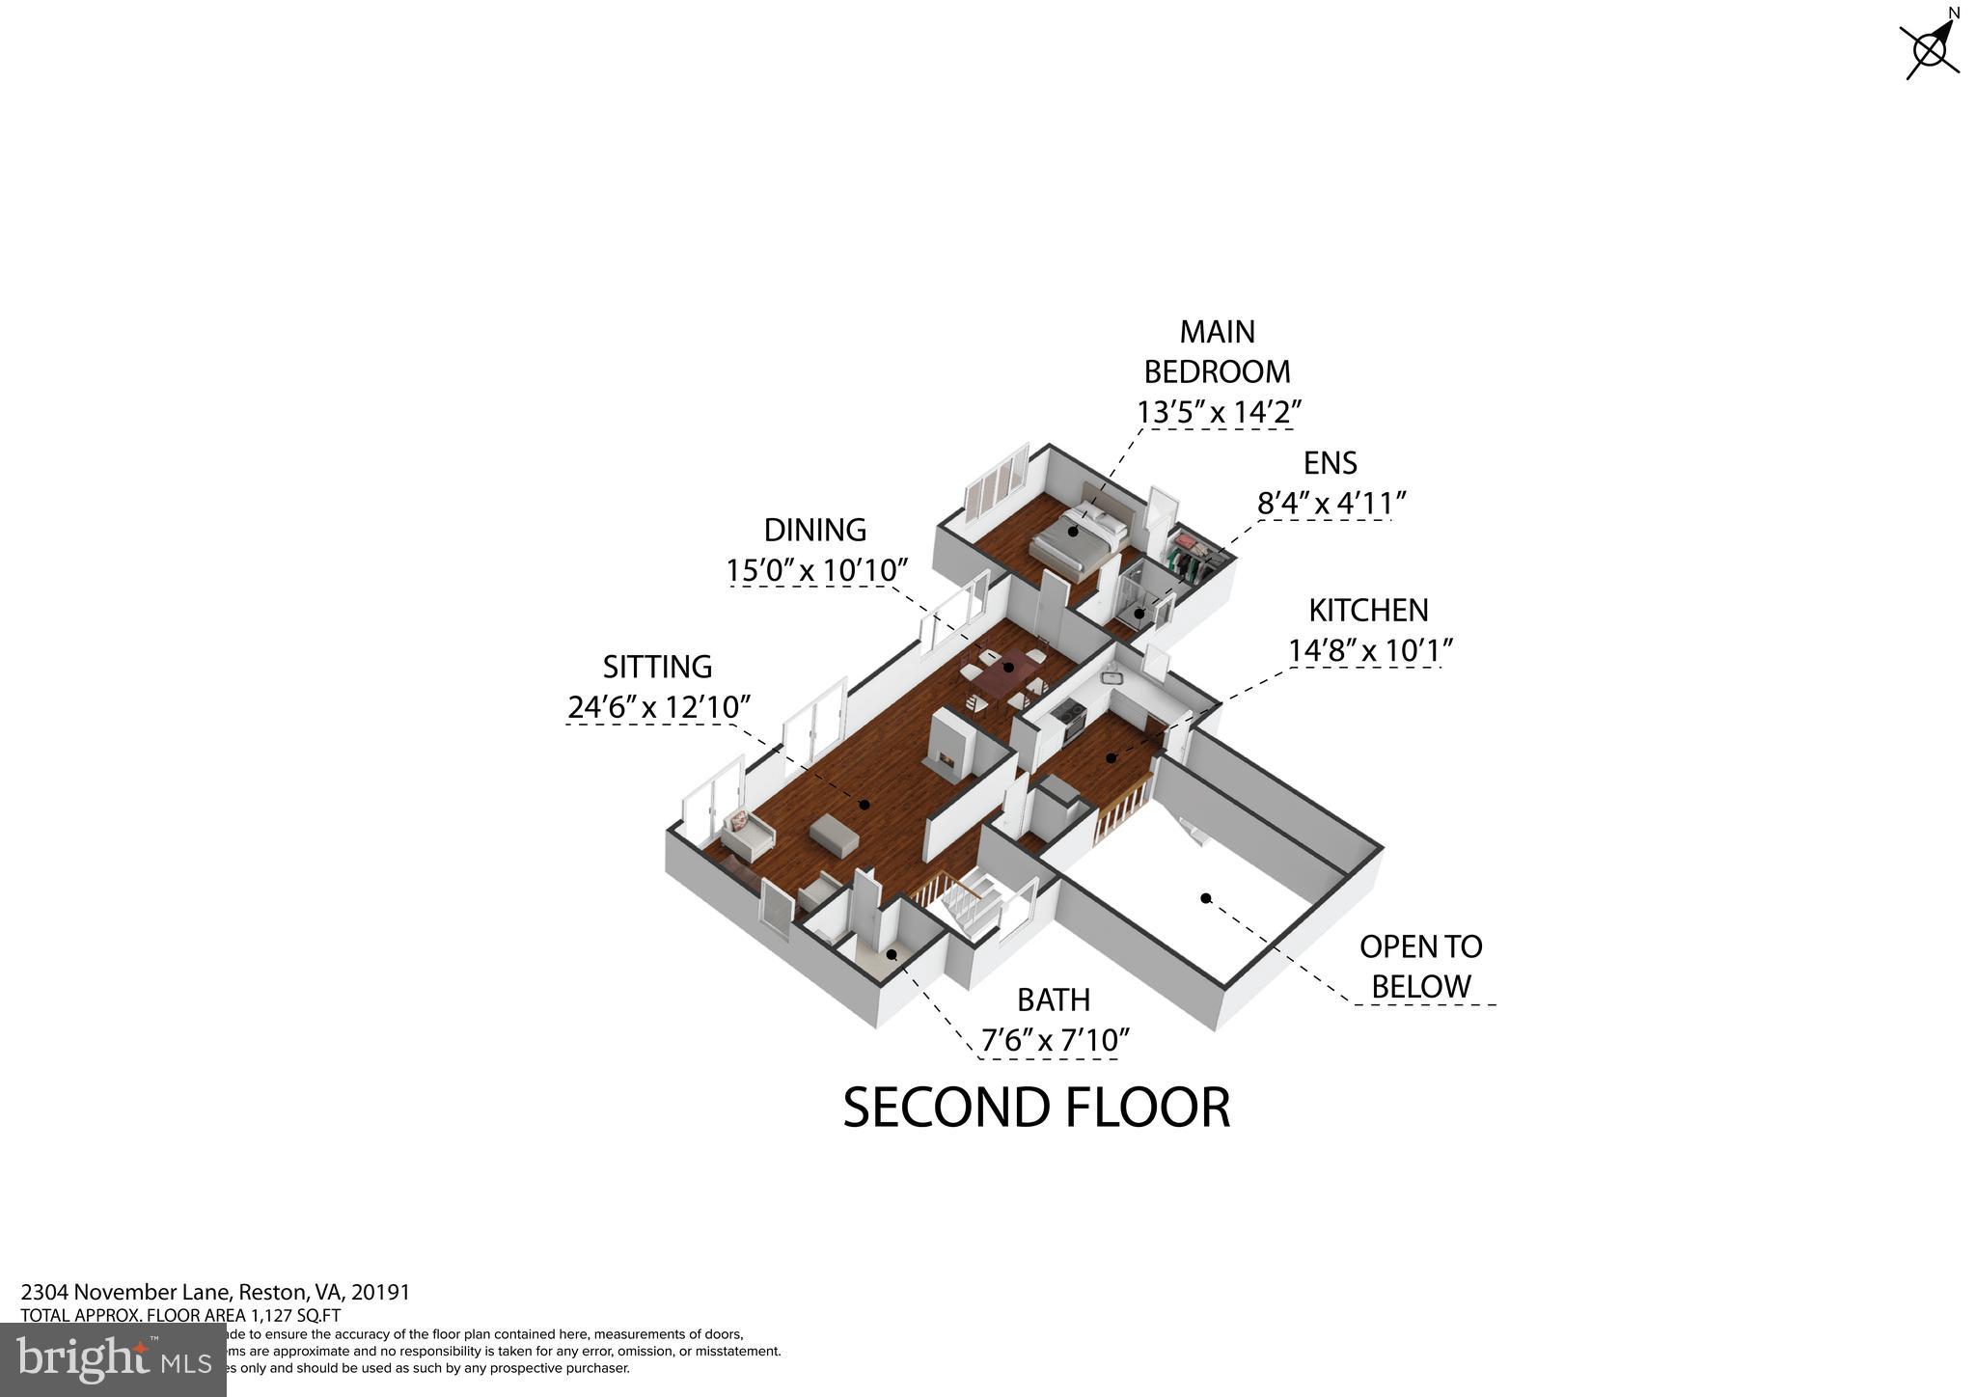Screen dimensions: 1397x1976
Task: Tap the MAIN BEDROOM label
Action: tap(1217, 351)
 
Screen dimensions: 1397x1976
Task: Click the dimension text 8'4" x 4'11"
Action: tap(1331, 504)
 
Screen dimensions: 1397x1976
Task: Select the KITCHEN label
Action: tap(1368, 611)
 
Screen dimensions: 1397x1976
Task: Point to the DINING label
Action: tap(814, 530)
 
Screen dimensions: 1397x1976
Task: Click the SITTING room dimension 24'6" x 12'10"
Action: tap(658, 707)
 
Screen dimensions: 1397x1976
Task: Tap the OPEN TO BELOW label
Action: tap(1420, 966)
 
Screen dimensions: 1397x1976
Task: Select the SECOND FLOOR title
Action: tap(1036, 1108)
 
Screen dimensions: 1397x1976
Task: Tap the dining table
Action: tap(1003, 673)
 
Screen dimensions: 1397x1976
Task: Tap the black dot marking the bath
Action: tap(892, 954)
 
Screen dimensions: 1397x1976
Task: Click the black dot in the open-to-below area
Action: tap(1205, 898)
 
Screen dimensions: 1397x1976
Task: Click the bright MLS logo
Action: tap(114, 1359)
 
